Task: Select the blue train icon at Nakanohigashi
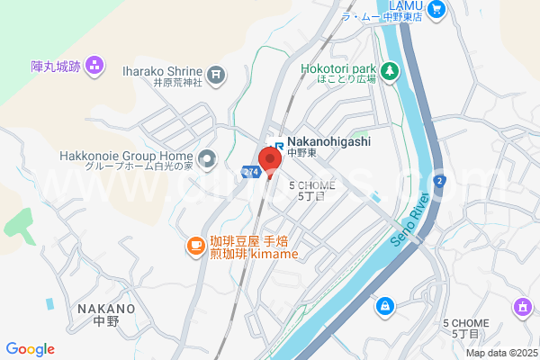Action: (280, 143)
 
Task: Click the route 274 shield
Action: (251, 169)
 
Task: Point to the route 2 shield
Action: (438, 181)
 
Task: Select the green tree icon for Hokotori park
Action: (390, 69)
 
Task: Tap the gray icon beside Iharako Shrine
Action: (216, 74)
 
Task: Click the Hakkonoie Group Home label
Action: (126, 155)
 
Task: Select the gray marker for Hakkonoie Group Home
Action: (208, 161)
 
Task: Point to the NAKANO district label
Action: (106, 309)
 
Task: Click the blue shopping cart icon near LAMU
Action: (437, 10)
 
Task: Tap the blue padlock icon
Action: (384, 307)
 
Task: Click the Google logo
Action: (30, 349)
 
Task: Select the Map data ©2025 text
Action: (500, 354)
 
